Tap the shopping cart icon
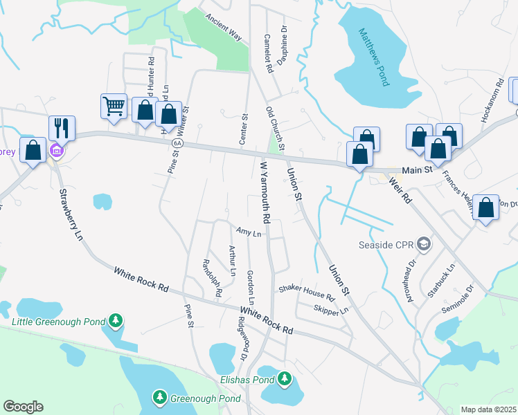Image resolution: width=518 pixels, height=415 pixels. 114,107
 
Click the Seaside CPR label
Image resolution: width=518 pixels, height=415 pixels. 386,244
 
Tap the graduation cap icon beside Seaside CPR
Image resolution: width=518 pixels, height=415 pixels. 424,244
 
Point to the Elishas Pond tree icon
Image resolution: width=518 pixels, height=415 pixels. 283,378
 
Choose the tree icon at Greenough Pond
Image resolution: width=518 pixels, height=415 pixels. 160,396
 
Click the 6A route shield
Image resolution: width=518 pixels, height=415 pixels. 177,142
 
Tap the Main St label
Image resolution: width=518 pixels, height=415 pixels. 418,168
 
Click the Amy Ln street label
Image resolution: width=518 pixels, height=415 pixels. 248,233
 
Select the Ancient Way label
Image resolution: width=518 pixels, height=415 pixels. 224,28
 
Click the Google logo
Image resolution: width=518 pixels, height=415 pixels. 23,407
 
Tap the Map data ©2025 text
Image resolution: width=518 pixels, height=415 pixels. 488,409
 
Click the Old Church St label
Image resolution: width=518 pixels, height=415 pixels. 275,129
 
